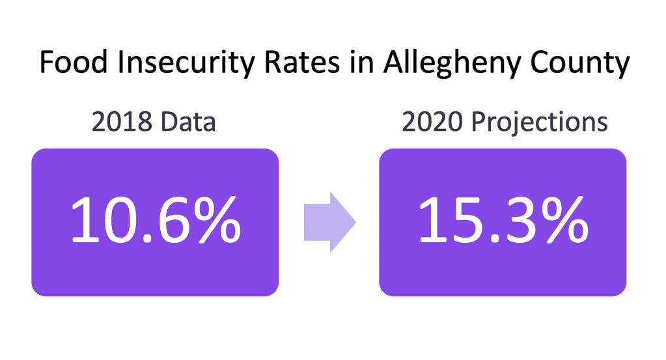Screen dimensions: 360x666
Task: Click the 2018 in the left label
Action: coord(119,122)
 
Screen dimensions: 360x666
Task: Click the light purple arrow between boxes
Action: coord(329,221)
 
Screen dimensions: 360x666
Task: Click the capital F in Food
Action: coord(46,64)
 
